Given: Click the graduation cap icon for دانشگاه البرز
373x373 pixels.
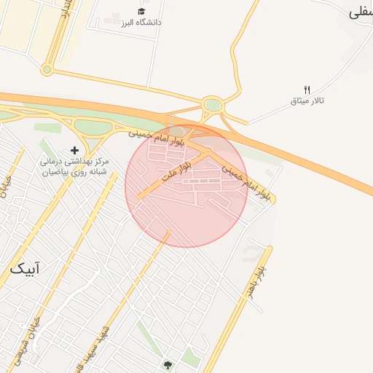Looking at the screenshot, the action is coord(141,12).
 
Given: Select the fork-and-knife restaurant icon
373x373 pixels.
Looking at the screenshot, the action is coord(307,89).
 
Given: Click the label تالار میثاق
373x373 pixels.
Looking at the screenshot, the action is coord(307,100).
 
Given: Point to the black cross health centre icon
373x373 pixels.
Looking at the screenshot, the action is coord(74,149).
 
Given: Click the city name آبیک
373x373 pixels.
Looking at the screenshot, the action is coord(25,269).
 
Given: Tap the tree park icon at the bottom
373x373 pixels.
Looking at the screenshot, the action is coord(169,364).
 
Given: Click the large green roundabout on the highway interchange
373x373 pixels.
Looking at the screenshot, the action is coord(213,106).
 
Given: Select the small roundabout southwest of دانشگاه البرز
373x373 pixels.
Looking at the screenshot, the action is coord(47,70).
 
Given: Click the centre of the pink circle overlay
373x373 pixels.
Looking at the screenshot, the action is coord(186,186).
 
